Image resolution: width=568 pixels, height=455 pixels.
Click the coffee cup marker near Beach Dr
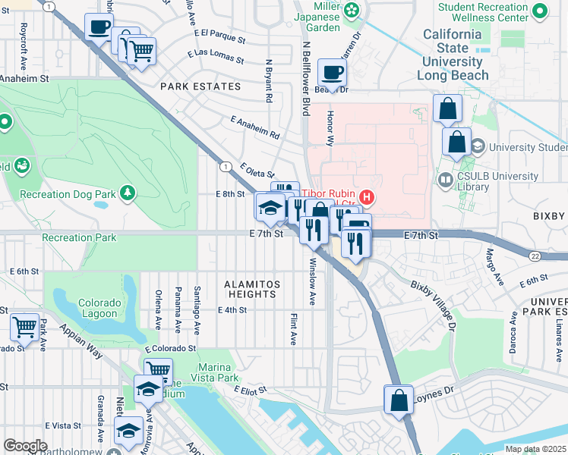tap(331, 74)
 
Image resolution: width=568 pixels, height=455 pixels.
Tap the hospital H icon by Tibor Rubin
tap(368, 198)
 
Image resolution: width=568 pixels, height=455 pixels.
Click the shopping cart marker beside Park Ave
tap(25, 328)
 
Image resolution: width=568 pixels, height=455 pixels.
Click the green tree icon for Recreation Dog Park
tap(128, 194)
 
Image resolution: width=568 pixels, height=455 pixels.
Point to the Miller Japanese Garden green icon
tap(352, 10)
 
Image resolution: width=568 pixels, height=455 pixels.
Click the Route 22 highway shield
tap(535, 257)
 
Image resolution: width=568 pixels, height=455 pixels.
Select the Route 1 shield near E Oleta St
tap(226, 165)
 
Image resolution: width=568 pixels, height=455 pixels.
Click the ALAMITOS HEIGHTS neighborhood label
tap(251, 289)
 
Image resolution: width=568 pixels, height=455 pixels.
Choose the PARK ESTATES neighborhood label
tap(200, 86)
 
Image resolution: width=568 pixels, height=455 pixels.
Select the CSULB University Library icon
tap(446, 179)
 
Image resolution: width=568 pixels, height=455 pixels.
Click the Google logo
tap(25, 446)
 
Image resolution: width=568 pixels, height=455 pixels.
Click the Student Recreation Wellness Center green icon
tap(539, 11)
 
